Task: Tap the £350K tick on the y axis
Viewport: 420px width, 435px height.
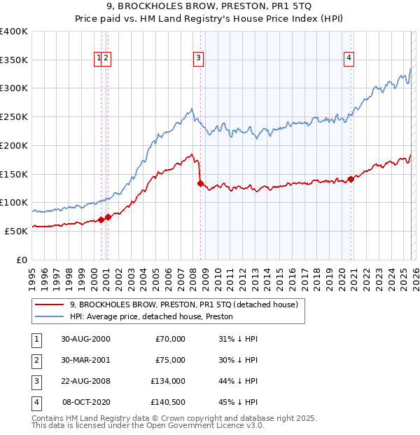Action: click(14, 60)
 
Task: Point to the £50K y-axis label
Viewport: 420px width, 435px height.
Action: click(16, 230)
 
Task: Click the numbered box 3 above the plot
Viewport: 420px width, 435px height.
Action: click(199, 59)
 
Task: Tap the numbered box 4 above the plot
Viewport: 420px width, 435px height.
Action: click(348, 59)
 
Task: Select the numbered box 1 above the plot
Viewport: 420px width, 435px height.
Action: click(99, 59)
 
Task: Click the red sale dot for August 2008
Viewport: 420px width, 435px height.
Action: click(200, 184)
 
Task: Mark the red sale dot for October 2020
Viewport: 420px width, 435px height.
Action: click(351, 180)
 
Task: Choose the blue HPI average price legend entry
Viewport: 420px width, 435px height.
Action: click(151, 316)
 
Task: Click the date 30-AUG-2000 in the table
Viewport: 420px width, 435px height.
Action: click(85, 339)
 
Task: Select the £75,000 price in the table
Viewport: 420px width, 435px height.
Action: click(170, 360)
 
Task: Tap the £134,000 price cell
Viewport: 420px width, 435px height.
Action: click(168, 381)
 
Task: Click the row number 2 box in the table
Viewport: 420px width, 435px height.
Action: click(36, 360)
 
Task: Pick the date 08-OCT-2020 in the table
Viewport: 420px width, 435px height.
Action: click(86, 402)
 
